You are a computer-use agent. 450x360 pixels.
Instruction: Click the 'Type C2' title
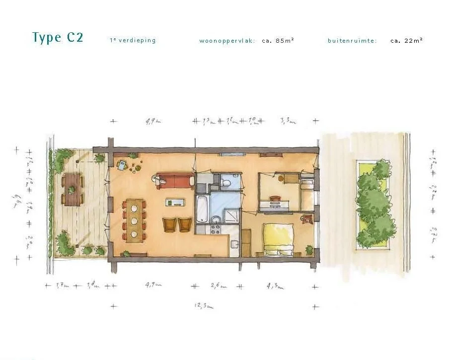tap(58, 38)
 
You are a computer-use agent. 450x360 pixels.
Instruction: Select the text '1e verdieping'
tap(133, 41)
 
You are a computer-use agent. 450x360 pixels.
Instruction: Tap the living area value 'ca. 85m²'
tap(278, 41)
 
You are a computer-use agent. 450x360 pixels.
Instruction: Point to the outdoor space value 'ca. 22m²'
tap(406, 41)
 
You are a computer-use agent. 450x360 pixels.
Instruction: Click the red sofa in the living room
tap(175, 180)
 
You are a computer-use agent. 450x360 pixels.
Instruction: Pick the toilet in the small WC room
tap(226, 183)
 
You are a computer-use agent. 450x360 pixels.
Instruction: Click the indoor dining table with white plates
tap(134, 220)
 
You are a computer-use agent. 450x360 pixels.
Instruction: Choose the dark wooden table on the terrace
tap(73, 189)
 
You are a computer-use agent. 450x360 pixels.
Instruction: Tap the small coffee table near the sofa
tap(175, 202)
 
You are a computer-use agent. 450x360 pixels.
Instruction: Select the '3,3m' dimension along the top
tap(288, 121)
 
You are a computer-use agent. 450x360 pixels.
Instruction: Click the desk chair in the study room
tap(280, 177)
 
